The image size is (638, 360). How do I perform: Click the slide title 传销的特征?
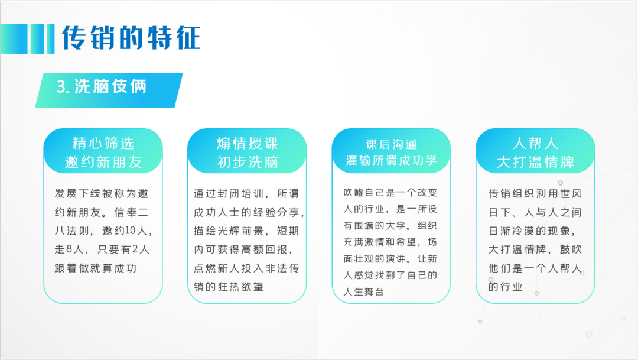click(x=131, y=38)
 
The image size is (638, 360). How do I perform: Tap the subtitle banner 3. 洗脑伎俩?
click(x=109, y=90)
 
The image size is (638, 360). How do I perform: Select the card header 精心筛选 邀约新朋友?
click(x=103, y=153)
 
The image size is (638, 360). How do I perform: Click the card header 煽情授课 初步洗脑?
click(x=247, y=153)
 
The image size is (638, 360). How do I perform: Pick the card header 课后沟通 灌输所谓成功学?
click(x=391, y=153)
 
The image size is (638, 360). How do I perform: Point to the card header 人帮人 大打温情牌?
click(x=535, y=153)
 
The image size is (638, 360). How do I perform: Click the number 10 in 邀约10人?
click(x=130, y=231)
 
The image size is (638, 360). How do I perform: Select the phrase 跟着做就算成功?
click(x=96, y=268)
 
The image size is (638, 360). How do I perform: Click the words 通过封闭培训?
click(x=229, y=193)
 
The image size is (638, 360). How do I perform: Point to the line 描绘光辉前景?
click(x=229, y=231)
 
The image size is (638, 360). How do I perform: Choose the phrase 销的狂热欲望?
click(x=229, y=287)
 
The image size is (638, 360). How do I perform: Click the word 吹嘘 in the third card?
click(x=353, y=193)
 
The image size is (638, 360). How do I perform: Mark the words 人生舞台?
click(x=364, y=292)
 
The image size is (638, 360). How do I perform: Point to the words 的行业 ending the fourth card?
click(x=505, y=287)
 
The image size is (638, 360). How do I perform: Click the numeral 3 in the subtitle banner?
click(x=61, y=87)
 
